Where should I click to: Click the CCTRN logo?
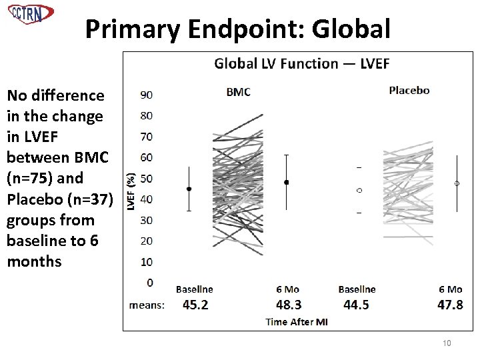pos(31,14)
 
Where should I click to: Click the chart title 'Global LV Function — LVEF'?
pos(301,64)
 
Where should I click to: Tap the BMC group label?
pos(238,92)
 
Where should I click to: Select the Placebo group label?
pos(409,90)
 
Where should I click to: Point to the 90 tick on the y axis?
pos(147,95)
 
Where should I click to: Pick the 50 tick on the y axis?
pos(147,178)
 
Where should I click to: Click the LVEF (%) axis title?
pos(132,192)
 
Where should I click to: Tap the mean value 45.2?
pos(195,305)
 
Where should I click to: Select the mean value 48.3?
pos(288,305)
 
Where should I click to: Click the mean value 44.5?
pos(356,305)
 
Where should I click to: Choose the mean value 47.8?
pos(451,305)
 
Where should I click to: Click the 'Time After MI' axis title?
pos(296,322)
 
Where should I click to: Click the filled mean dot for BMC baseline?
pos(189,189)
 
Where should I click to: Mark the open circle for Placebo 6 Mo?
pos(457,183)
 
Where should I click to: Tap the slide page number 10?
pos(447,343)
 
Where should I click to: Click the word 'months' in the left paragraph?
pos(34,261)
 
